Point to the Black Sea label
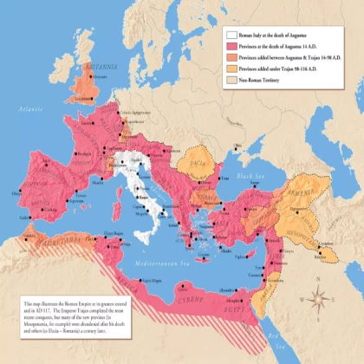[251, 176]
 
